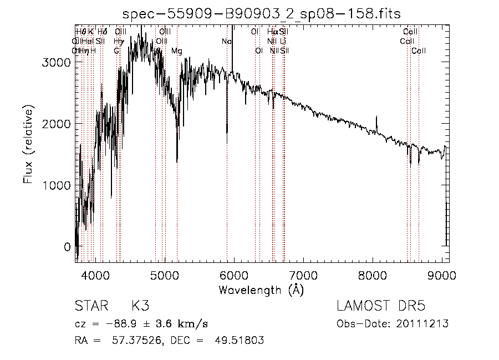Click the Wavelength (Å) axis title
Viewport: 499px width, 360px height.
coord(261,290)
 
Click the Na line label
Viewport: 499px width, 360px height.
coord(226,42)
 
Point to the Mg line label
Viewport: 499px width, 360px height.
coord(176,51)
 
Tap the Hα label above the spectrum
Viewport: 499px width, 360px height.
coord(272,32)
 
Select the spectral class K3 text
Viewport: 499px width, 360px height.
coord(140,306)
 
